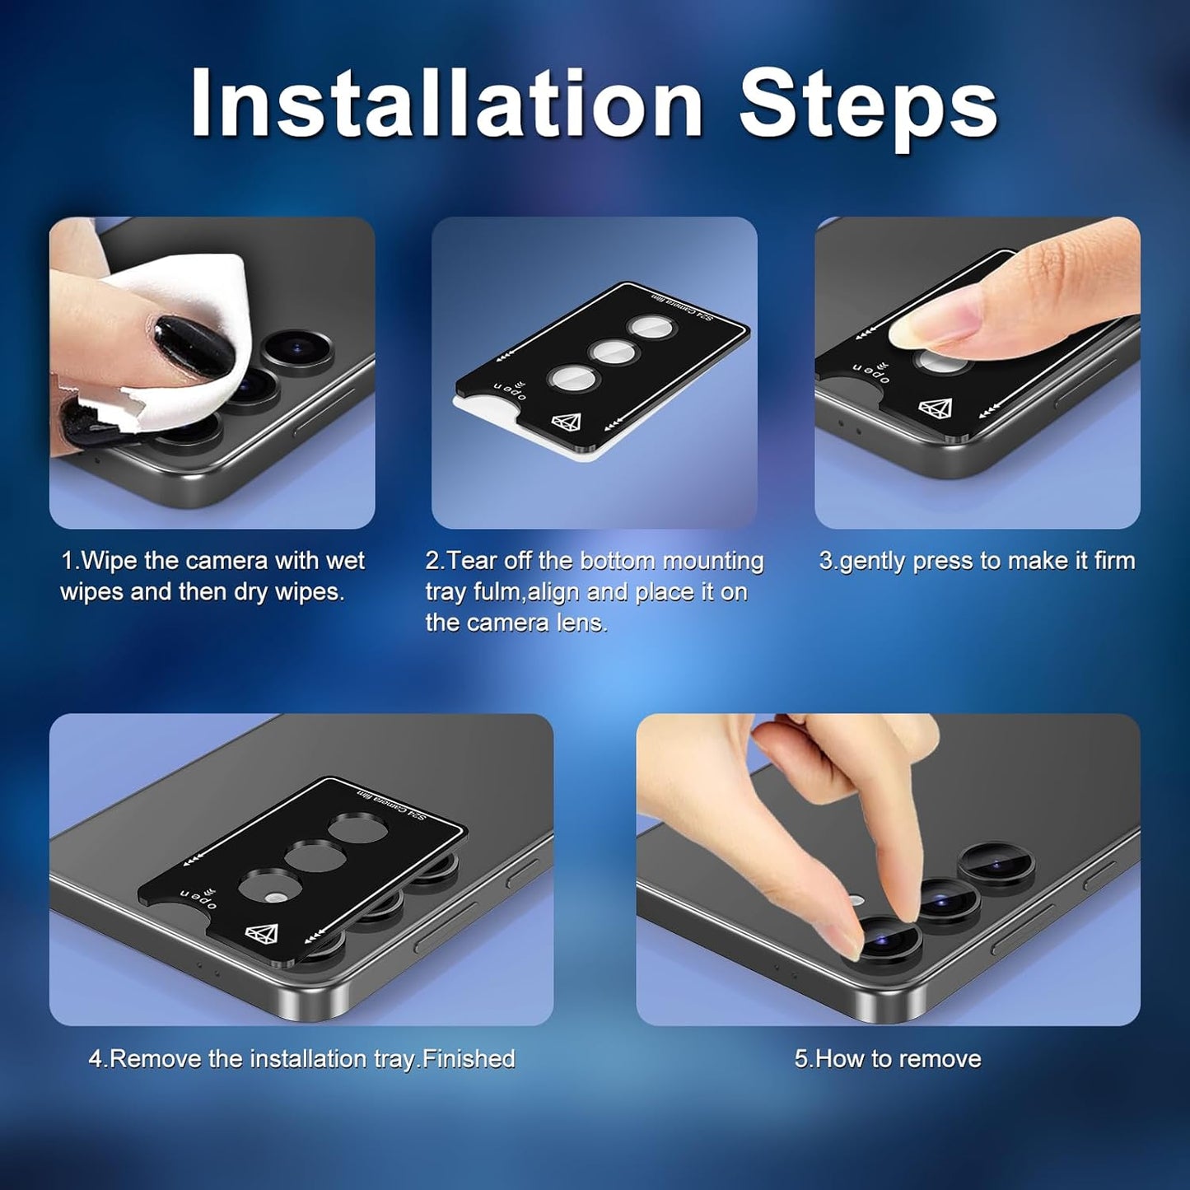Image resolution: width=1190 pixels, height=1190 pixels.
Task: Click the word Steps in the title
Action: pos(868,108)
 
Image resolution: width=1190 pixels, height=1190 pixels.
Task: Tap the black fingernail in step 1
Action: pos(194,346)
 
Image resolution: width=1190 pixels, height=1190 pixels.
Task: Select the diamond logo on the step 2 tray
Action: pos(567,422)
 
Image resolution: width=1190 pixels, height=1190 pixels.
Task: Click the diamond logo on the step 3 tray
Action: pos(935,406)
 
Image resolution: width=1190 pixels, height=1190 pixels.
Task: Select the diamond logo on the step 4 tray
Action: pos(260,934)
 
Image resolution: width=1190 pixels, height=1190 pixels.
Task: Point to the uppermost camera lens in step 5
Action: pos(996,862)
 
